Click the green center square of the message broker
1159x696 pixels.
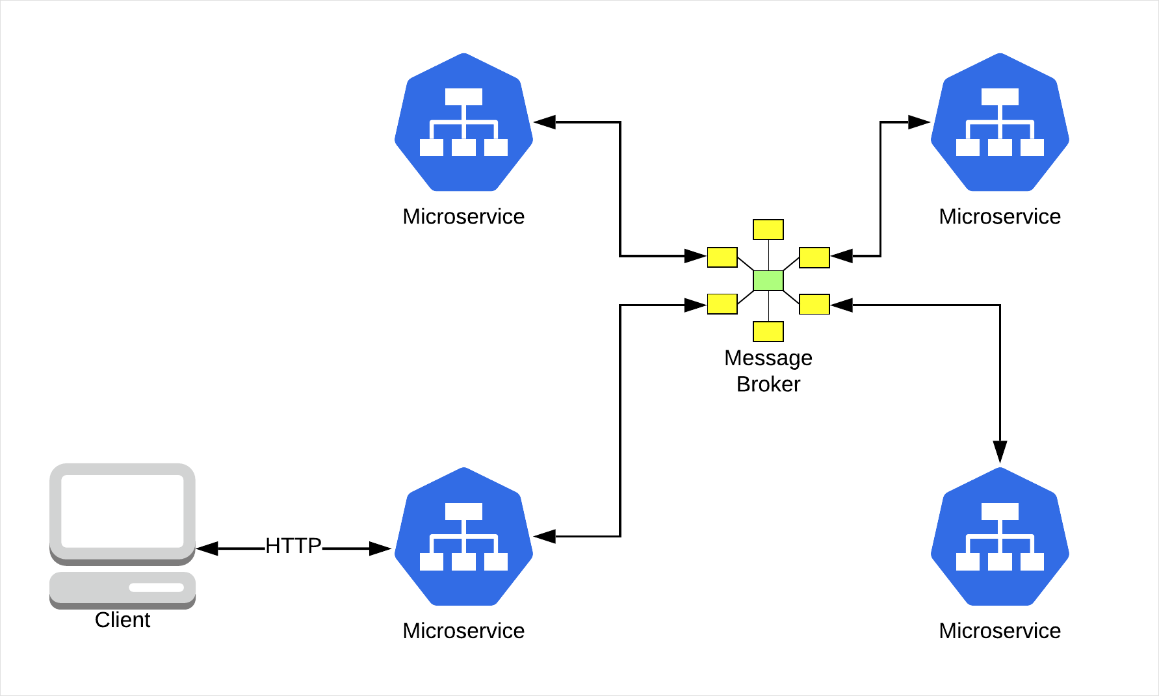(x=768, y=281)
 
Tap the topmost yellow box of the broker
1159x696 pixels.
(x=768, y=229)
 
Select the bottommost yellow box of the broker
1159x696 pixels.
(x=768, y=331)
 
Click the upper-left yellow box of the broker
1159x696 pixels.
(x=722, y=257)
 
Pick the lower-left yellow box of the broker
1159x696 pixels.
(x=722, y=304)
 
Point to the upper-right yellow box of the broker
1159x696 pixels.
(x=814, y=257)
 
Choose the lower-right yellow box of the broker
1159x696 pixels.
(x=814, y=304)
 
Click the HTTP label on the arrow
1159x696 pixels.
(x=293, y=546)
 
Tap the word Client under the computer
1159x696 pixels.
(x=122, y=620)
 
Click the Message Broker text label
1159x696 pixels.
(x=768, y=371)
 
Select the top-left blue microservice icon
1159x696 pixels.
(x=463, y=123)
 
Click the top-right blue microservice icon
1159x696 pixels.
(x=1000, y=123)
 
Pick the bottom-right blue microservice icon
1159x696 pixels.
(x=1000, y=537)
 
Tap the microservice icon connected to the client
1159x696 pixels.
(x=463, y=537)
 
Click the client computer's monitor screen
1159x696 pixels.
(x=122, y=511)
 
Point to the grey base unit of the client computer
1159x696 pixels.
(x=122, y=589)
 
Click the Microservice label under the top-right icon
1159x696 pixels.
(x=1000, y=216)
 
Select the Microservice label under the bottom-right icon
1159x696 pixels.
(x=1000, y=631)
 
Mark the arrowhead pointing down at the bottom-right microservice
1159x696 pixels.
(x=1000, y=452)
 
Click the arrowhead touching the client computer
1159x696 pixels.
(x=207, y=549)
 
